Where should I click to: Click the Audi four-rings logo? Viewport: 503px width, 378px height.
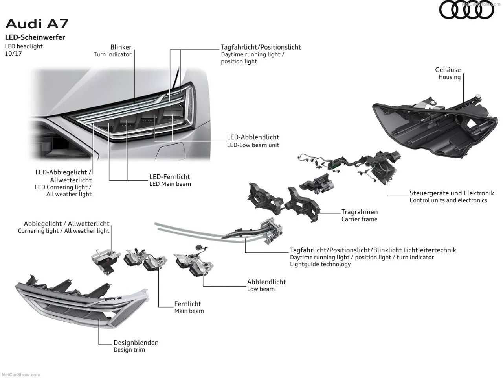[x=466, y=10]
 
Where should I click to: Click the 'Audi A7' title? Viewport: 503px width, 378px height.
[x=37, y=24]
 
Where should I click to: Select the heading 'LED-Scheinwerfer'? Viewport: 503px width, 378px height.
[x=35, y=37]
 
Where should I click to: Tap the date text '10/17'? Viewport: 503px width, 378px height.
[x=13, y=54]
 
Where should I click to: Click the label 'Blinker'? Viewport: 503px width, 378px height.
[x=121, y=47]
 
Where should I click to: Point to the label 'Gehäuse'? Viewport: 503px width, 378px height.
[x=448, y=70]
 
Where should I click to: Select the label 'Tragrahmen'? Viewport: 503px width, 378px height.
[x=360, y=212]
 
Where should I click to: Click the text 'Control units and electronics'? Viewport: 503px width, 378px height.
[x=448, y=200]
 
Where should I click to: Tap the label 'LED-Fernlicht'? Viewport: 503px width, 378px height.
[x=170, y=177]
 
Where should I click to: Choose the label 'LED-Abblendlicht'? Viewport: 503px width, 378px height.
[x=253, y=137]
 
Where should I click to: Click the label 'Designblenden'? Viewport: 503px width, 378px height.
[x=136, y=343]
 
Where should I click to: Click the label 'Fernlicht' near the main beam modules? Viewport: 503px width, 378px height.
[x=187, y=304]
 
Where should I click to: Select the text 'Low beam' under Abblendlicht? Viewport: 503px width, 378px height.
[x=261, y=289]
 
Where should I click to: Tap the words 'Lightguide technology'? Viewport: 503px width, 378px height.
[x=320, y=264]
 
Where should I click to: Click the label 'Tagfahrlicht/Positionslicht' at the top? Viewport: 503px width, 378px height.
[x=261, y=47]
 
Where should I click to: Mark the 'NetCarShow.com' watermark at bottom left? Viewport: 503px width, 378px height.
[x=21, y=375]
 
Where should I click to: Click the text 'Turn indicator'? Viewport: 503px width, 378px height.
[x=112, y=54]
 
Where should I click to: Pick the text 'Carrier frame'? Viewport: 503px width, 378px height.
[x=359, y=219]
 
